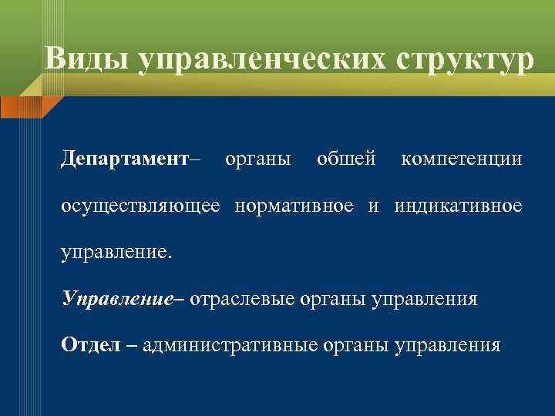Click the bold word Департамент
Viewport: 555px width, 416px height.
[125, 159]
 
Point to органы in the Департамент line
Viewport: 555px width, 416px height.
[257, 159]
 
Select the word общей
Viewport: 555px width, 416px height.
[346, 159]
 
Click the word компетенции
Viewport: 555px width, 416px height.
[461, 159]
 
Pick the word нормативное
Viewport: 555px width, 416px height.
[295, 206]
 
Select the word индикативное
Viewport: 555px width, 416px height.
[459, 206]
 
